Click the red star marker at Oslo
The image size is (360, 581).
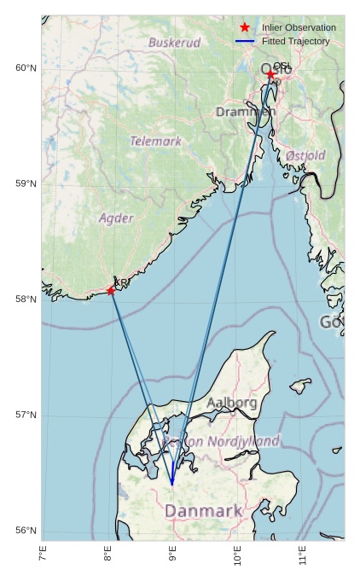pyautogui.click(x=270, y=75)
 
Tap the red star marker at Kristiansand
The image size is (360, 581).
pyautogui.click(x=111, y=291)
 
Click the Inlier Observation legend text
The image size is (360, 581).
pyautogui.click(x=299, y=28)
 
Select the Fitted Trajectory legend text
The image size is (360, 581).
pyautogui.click(x=295, y=41)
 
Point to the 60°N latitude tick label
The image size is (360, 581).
pyautogui.click(x=26, y=68)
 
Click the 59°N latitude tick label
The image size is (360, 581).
pyautogui.click(x=26, y=183)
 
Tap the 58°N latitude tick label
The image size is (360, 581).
pyautogui.click(x=26, y=299)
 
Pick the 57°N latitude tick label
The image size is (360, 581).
pyautogui.click(x=26, y=415)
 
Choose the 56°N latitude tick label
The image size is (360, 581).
pyautogui.click(x=26, y=531)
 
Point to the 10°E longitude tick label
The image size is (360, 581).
pyautogui.click(x=238, y=558)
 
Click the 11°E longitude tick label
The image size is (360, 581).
pyautogui.click(x=303, y=558)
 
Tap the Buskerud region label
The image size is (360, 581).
pyautogui.click(x=175, y=42)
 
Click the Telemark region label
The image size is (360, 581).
pyautogui.click(x=156, y=141)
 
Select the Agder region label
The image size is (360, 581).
pyautogui.click(x=116, y=218)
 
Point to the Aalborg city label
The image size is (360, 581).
pyautogui.click(x=231, y=402)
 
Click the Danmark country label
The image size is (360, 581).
pyautogui.click(x=203, y=511)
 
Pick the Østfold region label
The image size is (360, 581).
pyautogui.click(x=305, y=155)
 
